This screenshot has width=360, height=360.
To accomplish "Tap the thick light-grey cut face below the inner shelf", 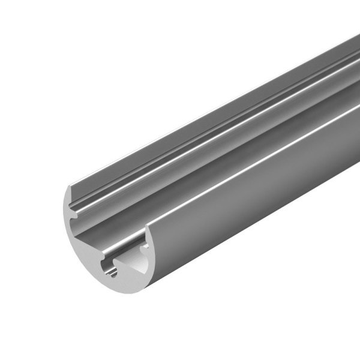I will (84, 252).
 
